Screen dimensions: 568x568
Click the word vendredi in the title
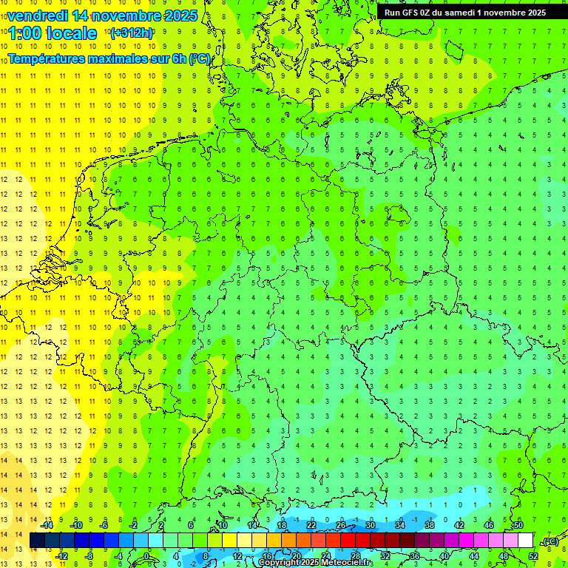[x=38, y=15]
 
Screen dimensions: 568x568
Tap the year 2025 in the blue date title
[x=177, y=15]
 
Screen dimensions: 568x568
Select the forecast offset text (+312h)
[x=131, y=33]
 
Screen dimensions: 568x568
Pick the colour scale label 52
[x=533, y=556]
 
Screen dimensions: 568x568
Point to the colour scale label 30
[x=370, y=524]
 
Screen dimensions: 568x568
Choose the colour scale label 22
[x=311, y=524]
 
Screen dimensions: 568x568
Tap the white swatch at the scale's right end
[x=525, y=541]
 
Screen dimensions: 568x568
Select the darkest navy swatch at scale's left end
[x=37, y=541]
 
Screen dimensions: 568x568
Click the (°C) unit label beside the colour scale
[x=550, y=541]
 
